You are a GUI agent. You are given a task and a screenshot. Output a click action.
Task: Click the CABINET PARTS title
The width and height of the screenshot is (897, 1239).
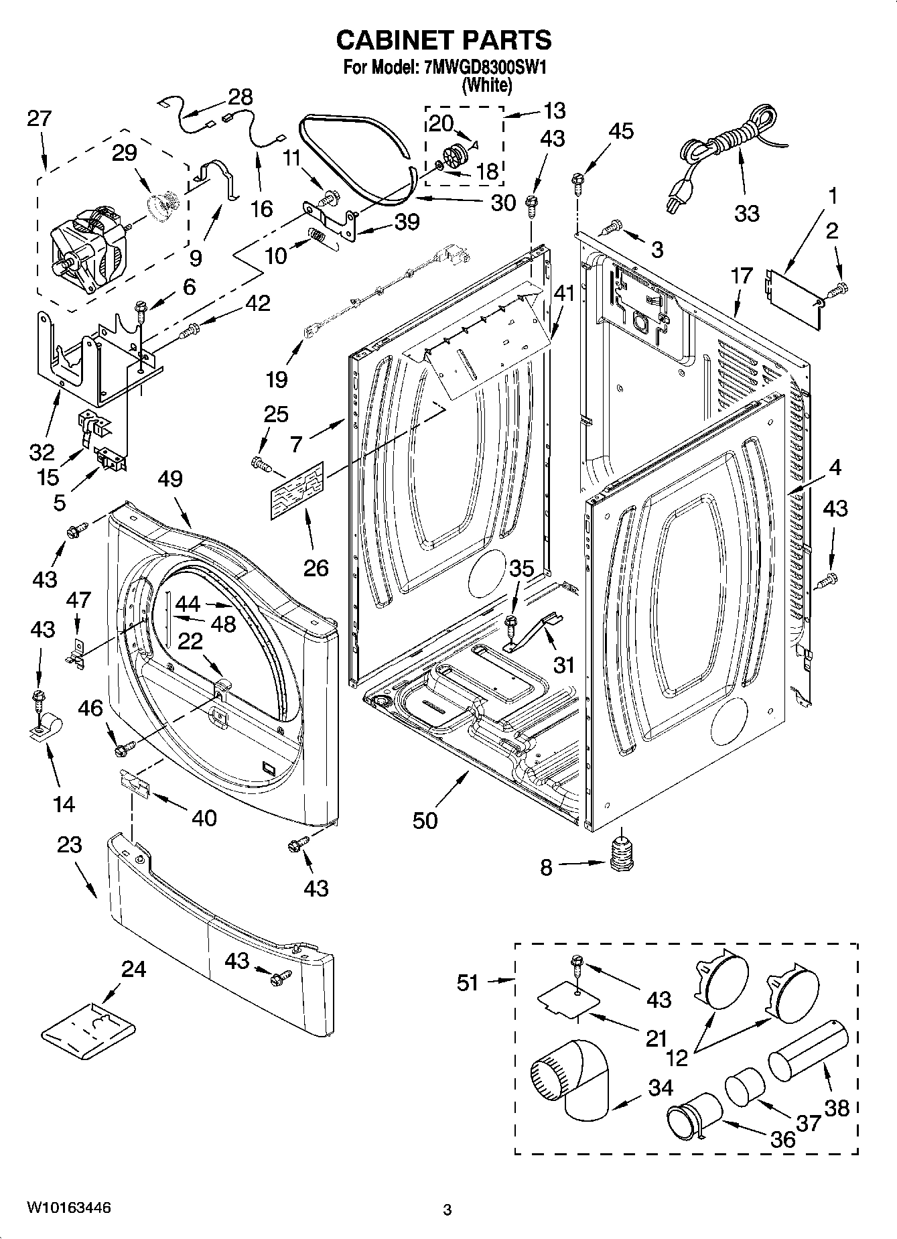pyautogui.click(x=443, y=40)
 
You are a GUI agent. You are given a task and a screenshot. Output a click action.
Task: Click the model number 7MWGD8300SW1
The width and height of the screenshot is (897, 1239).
pyautogui.click(x=481, y=68)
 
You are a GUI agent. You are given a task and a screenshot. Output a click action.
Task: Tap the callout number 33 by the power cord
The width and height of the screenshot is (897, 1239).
pyautogui.click(x=746, y=213)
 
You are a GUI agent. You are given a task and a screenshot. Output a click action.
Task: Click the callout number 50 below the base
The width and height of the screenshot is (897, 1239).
pyautogui.click(x=425, y=820)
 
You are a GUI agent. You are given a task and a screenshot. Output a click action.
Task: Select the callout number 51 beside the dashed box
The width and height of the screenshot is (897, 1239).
pyautogui.click(x=468, y=982)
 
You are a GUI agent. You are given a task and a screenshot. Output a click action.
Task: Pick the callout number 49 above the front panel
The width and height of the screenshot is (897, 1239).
pyautogui.click(x=171, y=478)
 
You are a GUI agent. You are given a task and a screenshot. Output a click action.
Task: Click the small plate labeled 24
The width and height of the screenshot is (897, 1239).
pyautogui.click(x=88, y=1029)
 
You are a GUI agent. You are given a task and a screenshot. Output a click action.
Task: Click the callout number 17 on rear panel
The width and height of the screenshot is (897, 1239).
pyautogui.click(x=742, y=275)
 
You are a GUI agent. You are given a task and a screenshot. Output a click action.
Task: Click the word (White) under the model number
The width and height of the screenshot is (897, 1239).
pyautogui.click(x=488, y=86)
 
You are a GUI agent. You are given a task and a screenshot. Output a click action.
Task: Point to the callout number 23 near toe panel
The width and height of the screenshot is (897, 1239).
pyautogui.click(x=69, y=844)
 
